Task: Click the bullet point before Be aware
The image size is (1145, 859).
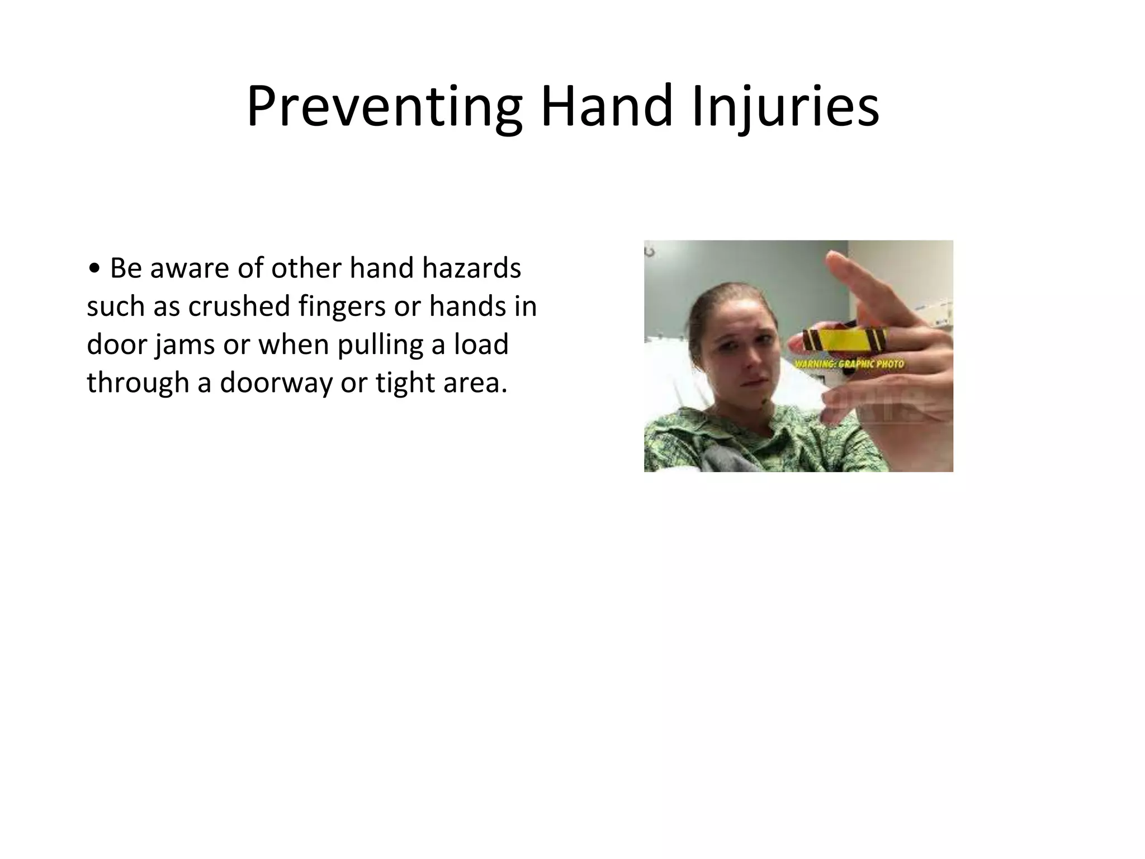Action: coord(94,269)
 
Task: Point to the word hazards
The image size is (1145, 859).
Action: coord(471,268)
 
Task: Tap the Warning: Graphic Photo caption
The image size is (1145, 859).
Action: coord(849,364)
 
